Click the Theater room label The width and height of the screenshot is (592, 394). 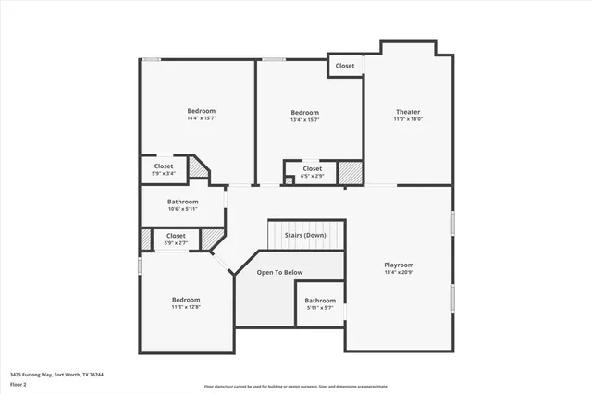[408, 111]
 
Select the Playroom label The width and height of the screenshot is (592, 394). [400, 265]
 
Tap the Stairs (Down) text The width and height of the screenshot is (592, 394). [305, 235]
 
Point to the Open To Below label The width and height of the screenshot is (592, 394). [279, 272]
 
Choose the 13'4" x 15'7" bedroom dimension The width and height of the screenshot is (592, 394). [304, 119]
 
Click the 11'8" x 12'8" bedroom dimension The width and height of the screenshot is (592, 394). [186, 307]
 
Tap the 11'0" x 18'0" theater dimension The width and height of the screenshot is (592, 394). [408, 119]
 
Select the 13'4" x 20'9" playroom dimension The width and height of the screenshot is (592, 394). [400, 273]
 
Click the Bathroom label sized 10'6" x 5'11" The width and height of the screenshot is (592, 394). [183, 202]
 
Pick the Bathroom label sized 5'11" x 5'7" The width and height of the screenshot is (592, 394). [321, 300]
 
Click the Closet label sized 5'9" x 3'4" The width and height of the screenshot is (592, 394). [164, 166]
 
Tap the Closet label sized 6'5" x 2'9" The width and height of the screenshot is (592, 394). [313, 168]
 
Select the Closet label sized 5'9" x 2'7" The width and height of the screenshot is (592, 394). [176, 236]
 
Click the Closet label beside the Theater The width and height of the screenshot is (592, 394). [345, 66]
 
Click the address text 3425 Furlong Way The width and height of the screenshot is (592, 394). [56, 375]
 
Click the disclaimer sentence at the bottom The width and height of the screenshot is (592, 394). [295, 386]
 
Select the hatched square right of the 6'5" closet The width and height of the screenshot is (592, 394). [349, 173]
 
